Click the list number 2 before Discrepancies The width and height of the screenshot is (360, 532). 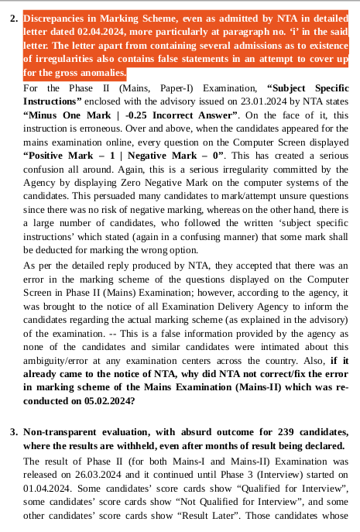tap(13, 17)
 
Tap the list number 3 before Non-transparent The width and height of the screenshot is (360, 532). tap(13, 430)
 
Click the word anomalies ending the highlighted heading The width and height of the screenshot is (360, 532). tap(103, 74)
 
